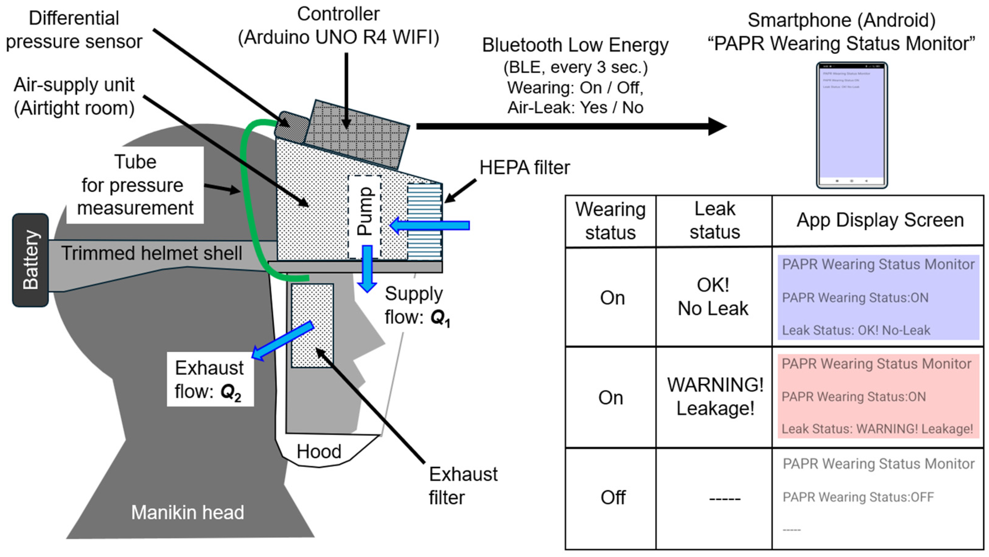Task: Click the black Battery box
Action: (30, 260)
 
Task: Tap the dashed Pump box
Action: (364, 217)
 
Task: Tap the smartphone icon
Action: (852, 125)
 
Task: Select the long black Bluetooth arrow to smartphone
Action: (568, 126)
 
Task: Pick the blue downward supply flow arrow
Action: (367, 269)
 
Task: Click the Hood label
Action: (319, 451)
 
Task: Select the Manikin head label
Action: (187, 512)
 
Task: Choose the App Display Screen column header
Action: (880, 220)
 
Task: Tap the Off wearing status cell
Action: (613, 498)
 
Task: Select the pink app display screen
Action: (878, 396)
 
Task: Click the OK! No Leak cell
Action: (713, 297)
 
